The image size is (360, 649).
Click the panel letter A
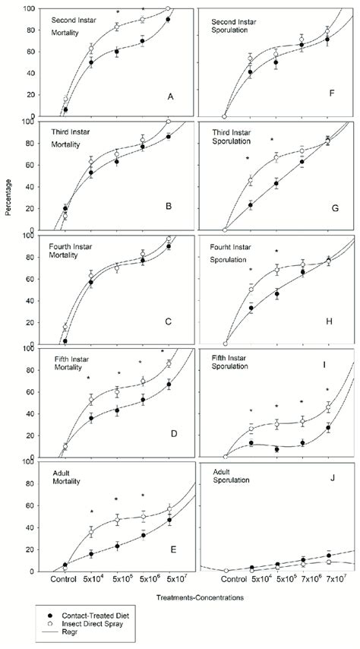click(170, 97)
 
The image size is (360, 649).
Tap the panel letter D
click(173, 434)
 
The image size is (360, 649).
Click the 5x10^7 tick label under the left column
click(169, 579)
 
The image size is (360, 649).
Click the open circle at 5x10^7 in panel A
click(168, 9)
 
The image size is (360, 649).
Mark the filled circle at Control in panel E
click(65, 565)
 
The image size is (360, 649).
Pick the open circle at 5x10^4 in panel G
click(251, 181)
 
